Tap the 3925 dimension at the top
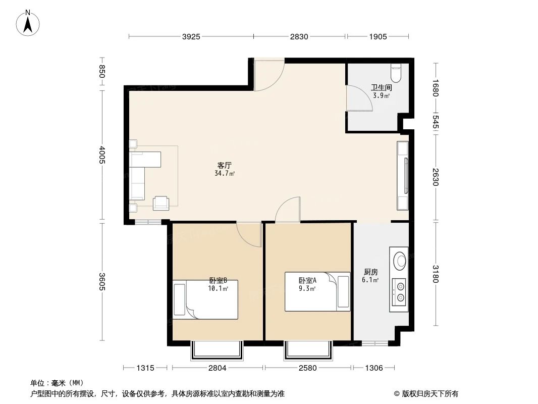pos(191,36)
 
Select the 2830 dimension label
pos(299,36)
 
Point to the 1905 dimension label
pos(378,36)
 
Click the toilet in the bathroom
pos(396,73)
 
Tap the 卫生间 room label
pos(381,87)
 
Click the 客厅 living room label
pos(224,165)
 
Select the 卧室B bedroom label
pos(218,280)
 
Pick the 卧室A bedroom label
pos(307,280)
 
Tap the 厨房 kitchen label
pos(370,272)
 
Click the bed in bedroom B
pos(205,299)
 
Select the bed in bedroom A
pos(317,292)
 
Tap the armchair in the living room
pos(162,203)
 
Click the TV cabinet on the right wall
pos(403,176)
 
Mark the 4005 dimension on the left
pos(102,155)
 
